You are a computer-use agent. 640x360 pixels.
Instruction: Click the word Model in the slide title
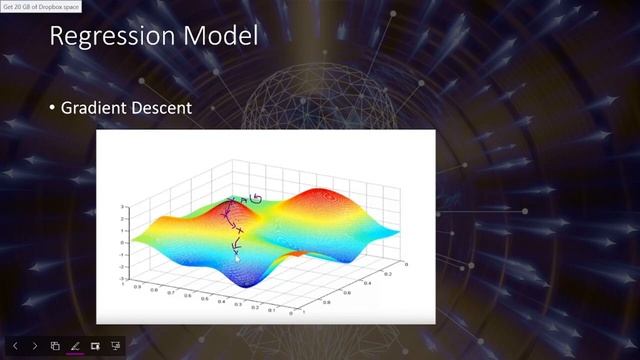[x=223, y=37]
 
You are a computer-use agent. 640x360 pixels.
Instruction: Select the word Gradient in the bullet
[x=98, y=107]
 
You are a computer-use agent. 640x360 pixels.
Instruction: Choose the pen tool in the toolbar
[x=74, y=346]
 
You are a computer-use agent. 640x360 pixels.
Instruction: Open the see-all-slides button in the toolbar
[x=55, y=346]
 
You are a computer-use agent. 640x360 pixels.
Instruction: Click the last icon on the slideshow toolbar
[x=116, y=346]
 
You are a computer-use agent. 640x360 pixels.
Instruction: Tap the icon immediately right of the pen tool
[x=95, y=346]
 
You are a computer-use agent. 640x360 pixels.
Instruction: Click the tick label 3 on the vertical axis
[x=120, y=207]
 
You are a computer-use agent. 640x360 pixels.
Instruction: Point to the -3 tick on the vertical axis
[x=119, y=278]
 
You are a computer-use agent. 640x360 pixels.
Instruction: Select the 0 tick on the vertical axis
[x=120, y=242]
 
